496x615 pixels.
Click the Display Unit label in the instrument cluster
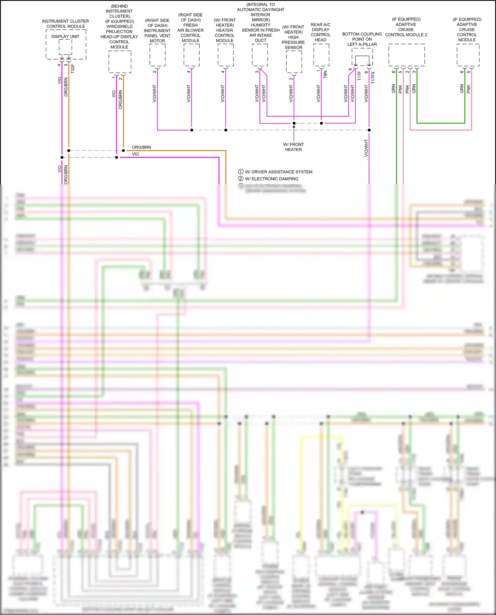[x=65, y=37]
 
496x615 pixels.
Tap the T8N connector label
[x=325, y=74]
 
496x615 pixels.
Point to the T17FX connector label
[x=373, y=77]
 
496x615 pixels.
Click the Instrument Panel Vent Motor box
[x=157, y=55]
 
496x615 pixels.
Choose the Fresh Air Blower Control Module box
[x=191, y=55]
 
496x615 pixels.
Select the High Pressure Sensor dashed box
[x=294, y=62]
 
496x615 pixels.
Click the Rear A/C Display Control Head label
[x=320, y=32]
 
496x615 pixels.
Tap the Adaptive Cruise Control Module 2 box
[x=406, y=55]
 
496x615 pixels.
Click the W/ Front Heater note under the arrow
[x=293, y=147]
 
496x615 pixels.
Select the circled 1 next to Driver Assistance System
[x=241, y=172]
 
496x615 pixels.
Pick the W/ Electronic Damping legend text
[x=271, y=179]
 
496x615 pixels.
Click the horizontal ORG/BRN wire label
[x=141, y=147]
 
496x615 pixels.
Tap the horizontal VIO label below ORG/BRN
[x=135, y=154]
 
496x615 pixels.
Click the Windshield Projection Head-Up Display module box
[x=120, y=62]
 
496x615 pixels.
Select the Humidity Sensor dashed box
[x=260, y=55]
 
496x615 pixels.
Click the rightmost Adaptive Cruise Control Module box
[x=468, y=55]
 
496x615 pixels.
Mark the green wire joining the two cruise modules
[x=440, y=123]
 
